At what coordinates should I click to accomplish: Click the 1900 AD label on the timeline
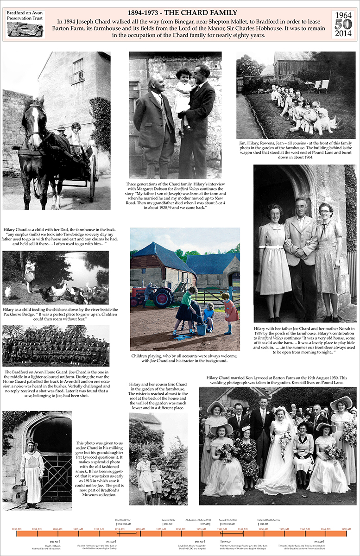(57, 529)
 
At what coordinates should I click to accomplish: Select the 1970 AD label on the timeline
(346, 529)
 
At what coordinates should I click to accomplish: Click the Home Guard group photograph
(56, 346)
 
